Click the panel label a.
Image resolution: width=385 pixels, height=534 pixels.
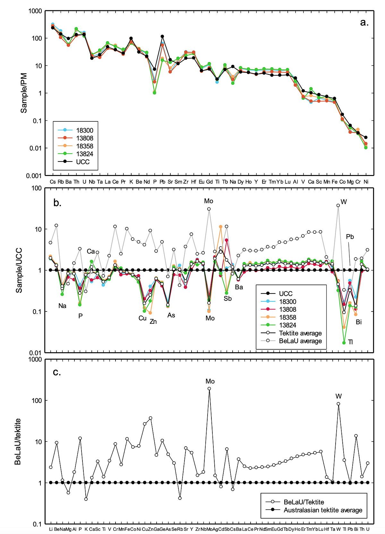(364, 22)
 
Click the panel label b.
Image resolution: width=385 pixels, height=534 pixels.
(57, 203)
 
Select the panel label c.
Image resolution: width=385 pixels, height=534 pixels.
(57, 372)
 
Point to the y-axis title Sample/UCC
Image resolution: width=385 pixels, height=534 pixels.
(19, 270)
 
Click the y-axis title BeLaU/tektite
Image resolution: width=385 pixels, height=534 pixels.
(18, 442)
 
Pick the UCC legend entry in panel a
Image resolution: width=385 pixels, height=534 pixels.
(83, 162)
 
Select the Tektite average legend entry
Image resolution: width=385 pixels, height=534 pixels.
(300, 333)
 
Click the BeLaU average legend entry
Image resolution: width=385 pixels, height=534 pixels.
(300, 341)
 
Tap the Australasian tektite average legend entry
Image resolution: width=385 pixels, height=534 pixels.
(323, 510)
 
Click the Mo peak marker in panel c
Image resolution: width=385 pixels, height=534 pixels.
(209, 389)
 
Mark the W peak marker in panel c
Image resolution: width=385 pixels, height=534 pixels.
(338, 404)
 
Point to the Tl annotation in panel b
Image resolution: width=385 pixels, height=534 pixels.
(350, 342)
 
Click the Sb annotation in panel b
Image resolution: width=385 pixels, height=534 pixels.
(227, 299)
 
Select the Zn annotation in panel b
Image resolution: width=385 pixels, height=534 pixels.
(153, 322)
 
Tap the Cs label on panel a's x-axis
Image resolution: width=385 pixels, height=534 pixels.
(53, 182)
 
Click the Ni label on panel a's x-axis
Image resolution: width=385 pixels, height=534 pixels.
(366, 182)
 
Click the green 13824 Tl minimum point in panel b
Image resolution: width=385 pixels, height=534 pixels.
(344, 343)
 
